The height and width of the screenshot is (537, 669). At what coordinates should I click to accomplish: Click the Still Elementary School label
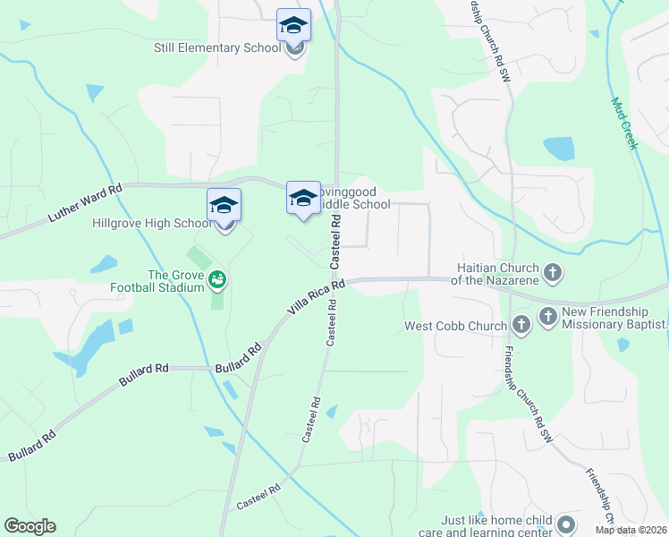217,47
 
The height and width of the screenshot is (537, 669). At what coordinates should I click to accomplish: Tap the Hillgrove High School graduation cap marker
224,205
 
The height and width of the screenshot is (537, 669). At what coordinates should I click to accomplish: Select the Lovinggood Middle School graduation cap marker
302,197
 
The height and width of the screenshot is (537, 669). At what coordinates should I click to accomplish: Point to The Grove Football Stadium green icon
216,281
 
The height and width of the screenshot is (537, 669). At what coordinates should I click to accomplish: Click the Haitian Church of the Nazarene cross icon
553,272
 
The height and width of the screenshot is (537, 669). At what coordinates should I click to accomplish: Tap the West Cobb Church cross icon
521,326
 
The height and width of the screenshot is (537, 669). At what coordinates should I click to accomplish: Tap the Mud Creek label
624,123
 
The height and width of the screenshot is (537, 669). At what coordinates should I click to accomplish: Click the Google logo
30,526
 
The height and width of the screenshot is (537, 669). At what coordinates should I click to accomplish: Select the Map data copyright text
631,530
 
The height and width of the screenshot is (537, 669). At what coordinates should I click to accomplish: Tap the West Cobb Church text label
455,326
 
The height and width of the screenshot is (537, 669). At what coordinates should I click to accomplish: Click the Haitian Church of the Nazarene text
496,274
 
